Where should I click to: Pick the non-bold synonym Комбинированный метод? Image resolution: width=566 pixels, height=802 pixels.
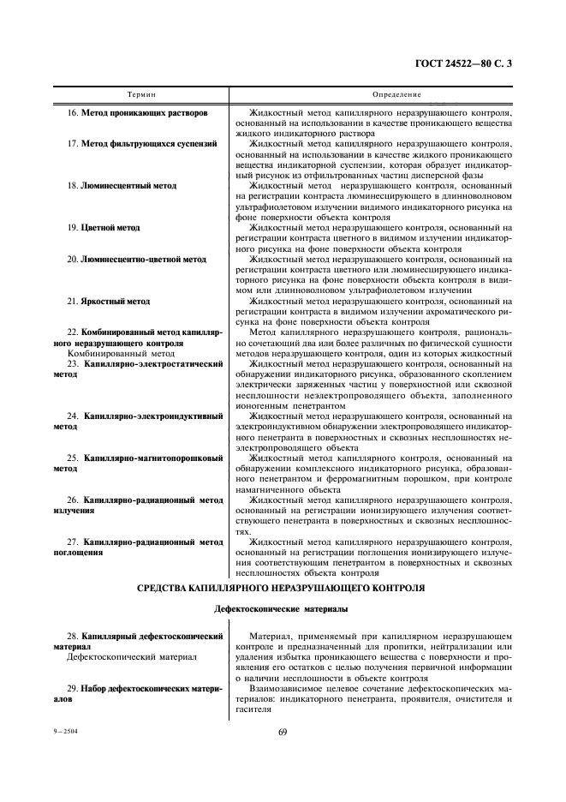pyautogui.click(x=121, y=352)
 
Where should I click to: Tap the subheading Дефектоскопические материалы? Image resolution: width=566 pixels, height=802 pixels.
pyautogui.click(x=282, y=609)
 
